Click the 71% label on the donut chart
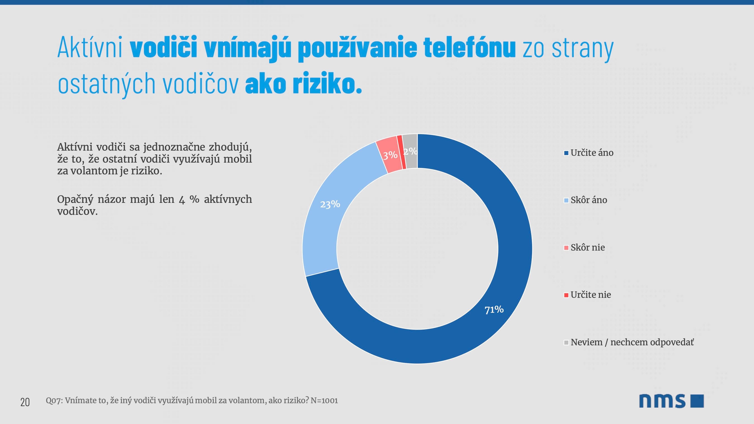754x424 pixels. pyautogui.click(x=494, y=309)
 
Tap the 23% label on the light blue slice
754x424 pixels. pyautogui.click(x=330, y=204)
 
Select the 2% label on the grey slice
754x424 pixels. pyautogui.click(x=410, y=151)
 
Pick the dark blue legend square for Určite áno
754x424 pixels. pyautogui.click(x=566, y=153)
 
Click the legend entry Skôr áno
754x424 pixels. pyautogui.click(x=589, y=200)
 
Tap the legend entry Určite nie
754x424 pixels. pyautogui.click(x=590, y=295)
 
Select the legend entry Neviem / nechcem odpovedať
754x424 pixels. pyautogui.click(x=632, y=342)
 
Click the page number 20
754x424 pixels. pyautogui.click(x=25, y=402)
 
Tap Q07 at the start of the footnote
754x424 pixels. pyautogui.click(x=53, y=400)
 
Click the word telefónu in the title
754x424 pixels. pyautogui.click(x=469, y=48)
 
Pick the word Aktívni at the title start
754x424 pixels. pyautogui.click(x=90, y=48)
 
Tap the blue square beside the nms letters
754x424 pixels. pyautogui.click(x=697, y=401)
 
